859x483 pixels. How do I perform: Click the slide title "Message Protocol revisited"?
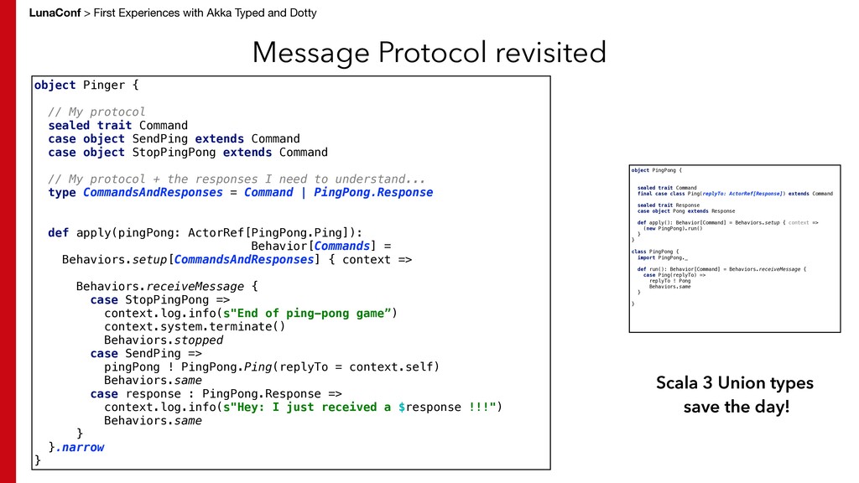429,53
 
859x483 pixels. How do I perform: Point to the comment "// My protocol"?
96,112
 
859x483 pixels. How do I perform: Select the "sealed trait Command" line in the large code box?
117,125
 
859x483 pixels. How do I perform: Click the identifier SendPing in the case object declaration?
160,138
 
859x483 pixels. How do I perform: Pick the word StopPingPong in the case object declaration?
174,152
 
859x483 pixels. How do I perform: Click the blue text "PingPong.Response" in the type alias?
373,192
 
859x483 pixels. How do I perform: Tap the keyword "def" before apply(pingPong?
58,232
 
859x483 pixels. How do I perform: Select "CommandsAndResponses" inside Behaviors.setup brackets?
243,259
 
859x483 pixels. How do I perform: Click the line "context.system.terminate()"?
195,326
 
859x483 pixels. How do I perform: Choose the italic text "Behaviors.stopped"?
164,340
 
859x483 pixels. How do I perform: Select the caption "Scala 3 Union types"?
734,383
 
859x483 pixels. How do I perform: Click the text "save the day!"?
736,408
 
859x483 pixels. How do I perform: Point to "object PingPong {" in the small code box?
656,170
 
